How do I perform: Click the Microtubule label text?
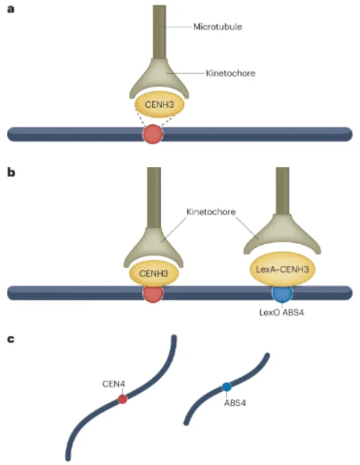pyautogui.click(x=218, y=27)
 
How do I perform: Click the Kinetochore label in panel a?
pyautogui.click(x=231, y=73)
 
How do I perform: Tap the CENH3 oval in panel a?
pyautogui.click(x=159, y=105)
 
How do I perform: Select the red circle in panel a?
pyautogui.click(x=153, y=134)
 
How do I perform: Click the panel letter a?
pyautogui.click(x=11, y=9)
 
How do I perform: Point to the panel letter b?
pyautogui.click(x=11, y=172)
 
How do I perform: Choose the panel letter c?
pyautogui.click(x=11, y=338)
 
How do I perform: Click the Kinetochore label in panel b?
pyautogui.click(x=211, y=212)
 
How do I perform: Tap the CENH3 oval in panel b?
pyautogui.click(x=154, y=273)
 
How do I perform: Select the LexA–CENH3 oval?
pyautogui.click(x=282, y=269)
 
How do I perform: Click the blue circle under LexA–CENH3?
pyautogui.click(x=282, y=293)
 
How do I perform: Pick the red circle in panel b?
pyautogui.click(x=153, y=293)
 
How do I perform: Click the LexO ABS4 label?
pyautogui.click(x=282, y=313)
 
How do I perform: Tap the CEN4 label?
pyautogui.click(x=114, y=384)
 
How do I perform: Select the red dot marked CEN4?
pyautogui.click(x=123, y=399)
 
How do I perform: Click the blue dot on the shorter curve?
pyautogui.click(x=227, y=387)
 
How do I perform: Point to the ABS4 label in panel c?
pyautogui.click(x=235, y=403)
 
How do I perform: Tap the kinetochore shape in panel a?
pyautogui.click(x=159, y=78)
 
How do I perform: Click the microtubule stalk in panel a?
pyautogui.click(x=159, y=31)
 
